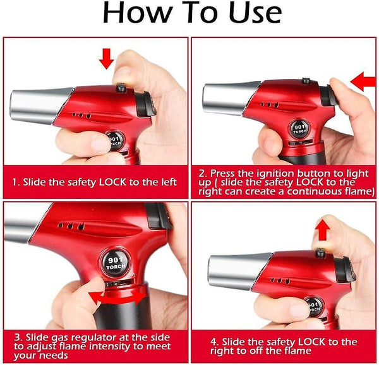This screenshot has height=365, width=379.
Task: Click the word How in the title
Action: pyautogui.click(x=138, y=13)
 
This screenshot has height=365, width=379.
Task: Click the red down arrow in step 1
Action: pyautogui.click(x=106, y=59)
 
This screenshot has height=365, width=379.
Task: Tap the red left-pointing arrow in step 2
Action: pyautogui.click(x=363, y=81)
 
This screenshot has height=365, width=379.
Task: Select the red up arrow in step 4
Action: pyautogui.click(x=323, y=230)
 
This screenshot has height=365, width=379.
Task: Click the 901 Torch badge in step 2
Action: pyautogui.click(x=299, y=129)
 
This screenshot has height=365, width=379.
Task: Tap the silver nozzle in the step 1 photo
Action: pyautogui.click(x=40, y=106)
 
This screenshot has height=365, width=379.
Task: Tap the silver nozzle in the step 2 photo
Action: pyautogui.click(x=230, y=98)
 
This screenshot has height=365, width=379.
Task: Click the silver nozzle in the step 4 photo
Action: pyautogui.click(x=239, y=271)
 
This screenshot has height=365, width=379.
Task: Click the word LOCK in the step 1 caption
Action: pyautogui.click(x=112, y=182)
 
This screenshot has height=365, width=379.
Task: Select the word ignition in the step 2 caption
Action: pyautogui.click(x=275, y=173)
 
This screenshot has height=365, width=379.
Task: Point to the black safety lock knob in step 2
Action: pyautogui.click(x=306, y=80)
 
